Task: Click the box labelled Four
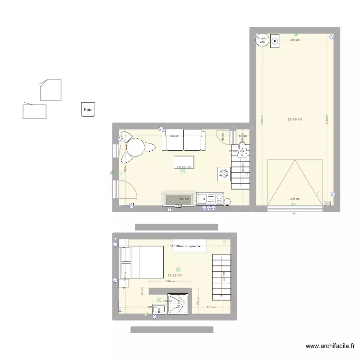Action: [x=88, y=109]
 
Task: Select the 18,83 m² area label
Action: [x=184, y=168]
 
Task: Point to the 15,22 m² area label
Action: [x=175, y=276]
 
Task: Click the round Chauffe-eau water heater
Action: [x=262, y=40]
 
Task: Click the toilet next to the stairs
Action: [x=243, y=146]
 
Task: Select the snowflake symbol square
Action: [x=224, y=174]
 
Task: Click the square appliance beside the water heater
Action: [x=275, y=41]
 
